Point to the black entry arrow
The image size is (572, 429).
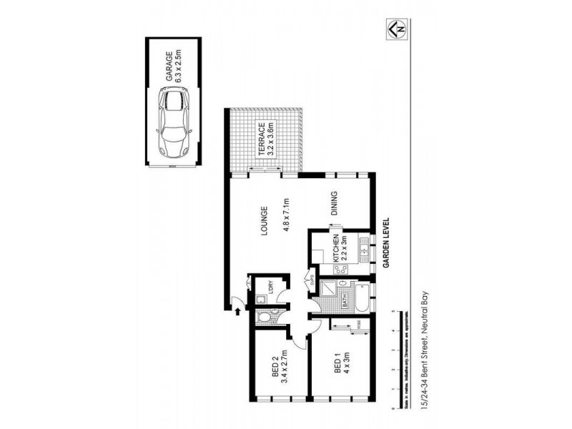pos(237,310)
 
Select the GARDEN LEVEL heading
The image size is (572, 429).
pos(385,243)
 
